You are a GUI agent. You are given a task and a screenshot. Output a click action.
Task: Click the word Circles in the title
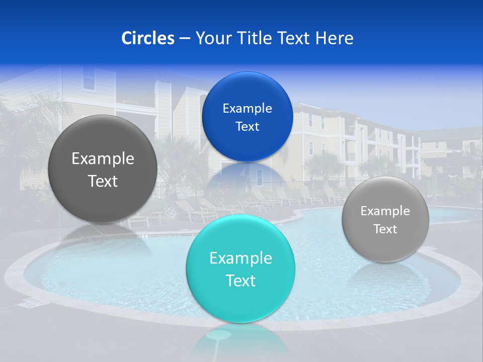click(147, 38)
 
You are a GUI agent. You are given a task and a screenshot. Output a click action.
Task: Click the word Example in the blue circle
click(248, 109)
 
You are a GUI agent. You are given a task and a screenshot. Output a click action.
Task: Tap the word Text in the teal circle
click(240, 281)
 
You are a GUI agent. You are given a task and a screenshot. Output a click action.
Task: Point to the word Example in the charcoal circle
click(103, 159)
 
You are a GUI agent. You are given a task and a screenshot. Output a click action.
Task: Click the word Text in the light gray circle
click(385, 229)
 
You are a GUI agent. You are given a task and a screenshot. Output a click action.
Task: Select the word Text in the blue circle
click(248, 127)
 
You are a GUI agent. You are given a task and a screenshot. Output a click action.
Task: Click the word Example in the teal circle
click(240, 258)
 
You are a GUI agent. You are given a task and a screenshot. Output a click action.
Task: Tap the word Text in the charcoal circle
click(103, 181)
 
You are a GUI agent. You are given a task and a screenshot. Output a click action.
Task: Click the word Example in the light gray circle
click(385, 211)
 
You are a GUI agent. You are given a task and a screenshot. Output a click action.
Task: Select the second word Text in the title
click(293, 38)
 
